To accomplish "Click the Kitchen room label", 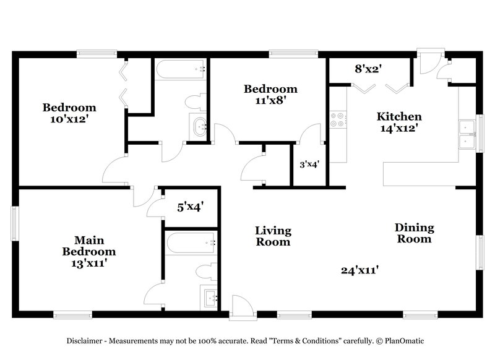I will (x=400, y=116).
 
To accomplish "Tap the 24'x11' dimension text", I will (x=359, y=270).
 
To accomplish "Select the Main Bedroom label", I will (x=88, y=246).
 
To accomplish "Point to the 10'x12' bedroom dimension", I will (x=69, y=119).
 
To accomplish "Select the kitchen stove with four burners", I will (x=337, y=119).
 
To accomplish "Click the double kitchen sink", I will (x=466, y=134).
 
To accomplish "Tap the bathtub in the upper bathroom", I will (x=179, y=69).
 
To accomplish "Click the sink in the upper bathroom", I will (x=199, y=127).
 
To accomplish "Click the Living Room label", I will (x=273, y=236).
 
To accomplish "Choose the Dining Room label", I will (x=414, y=233).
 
